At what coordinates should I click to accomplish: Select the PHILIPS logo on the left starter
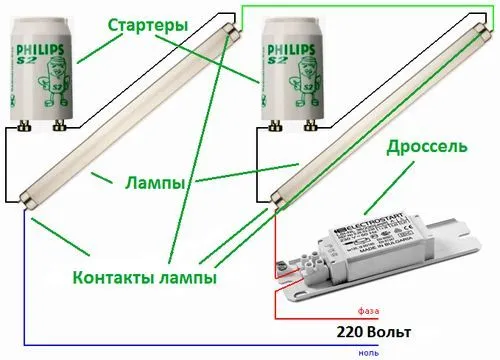pos(49,48)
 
